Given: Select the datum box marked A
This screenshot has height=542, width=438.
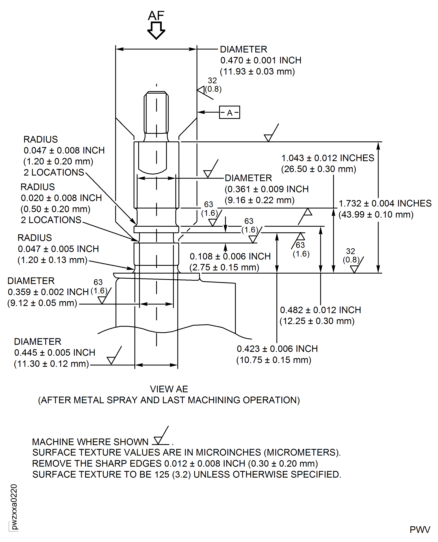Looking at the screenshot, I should pyautogui.click(x=229, y=112).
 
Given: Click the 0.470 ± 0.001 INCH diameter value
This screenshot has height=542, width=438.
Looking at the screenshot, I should pyautogui.click(x=261, y=60).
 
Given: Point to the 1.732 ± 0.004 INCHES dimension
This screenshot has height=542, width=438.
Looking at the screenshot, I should pyautogui.click(x=385, y=204).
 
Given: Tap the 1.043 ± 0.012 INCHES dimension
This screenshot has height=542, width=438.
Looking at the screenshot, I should pyautogui.click(x=327, y=158).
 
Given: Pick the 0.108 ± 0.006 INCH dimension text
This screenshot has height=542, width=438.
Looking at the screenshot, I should pyautogui.click(x=230, y=256).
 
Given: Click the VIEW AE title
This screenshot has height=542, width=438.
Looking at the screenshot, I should pyautogui.click(x=169, y=389).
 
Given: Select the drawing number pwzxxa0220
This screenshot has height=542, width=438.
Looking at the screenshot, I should pyautogui.click(x=14, y=507).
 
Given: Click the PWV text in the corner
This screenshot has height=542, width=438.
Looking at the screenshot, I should pyautogui.click(x=420, y=530).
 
